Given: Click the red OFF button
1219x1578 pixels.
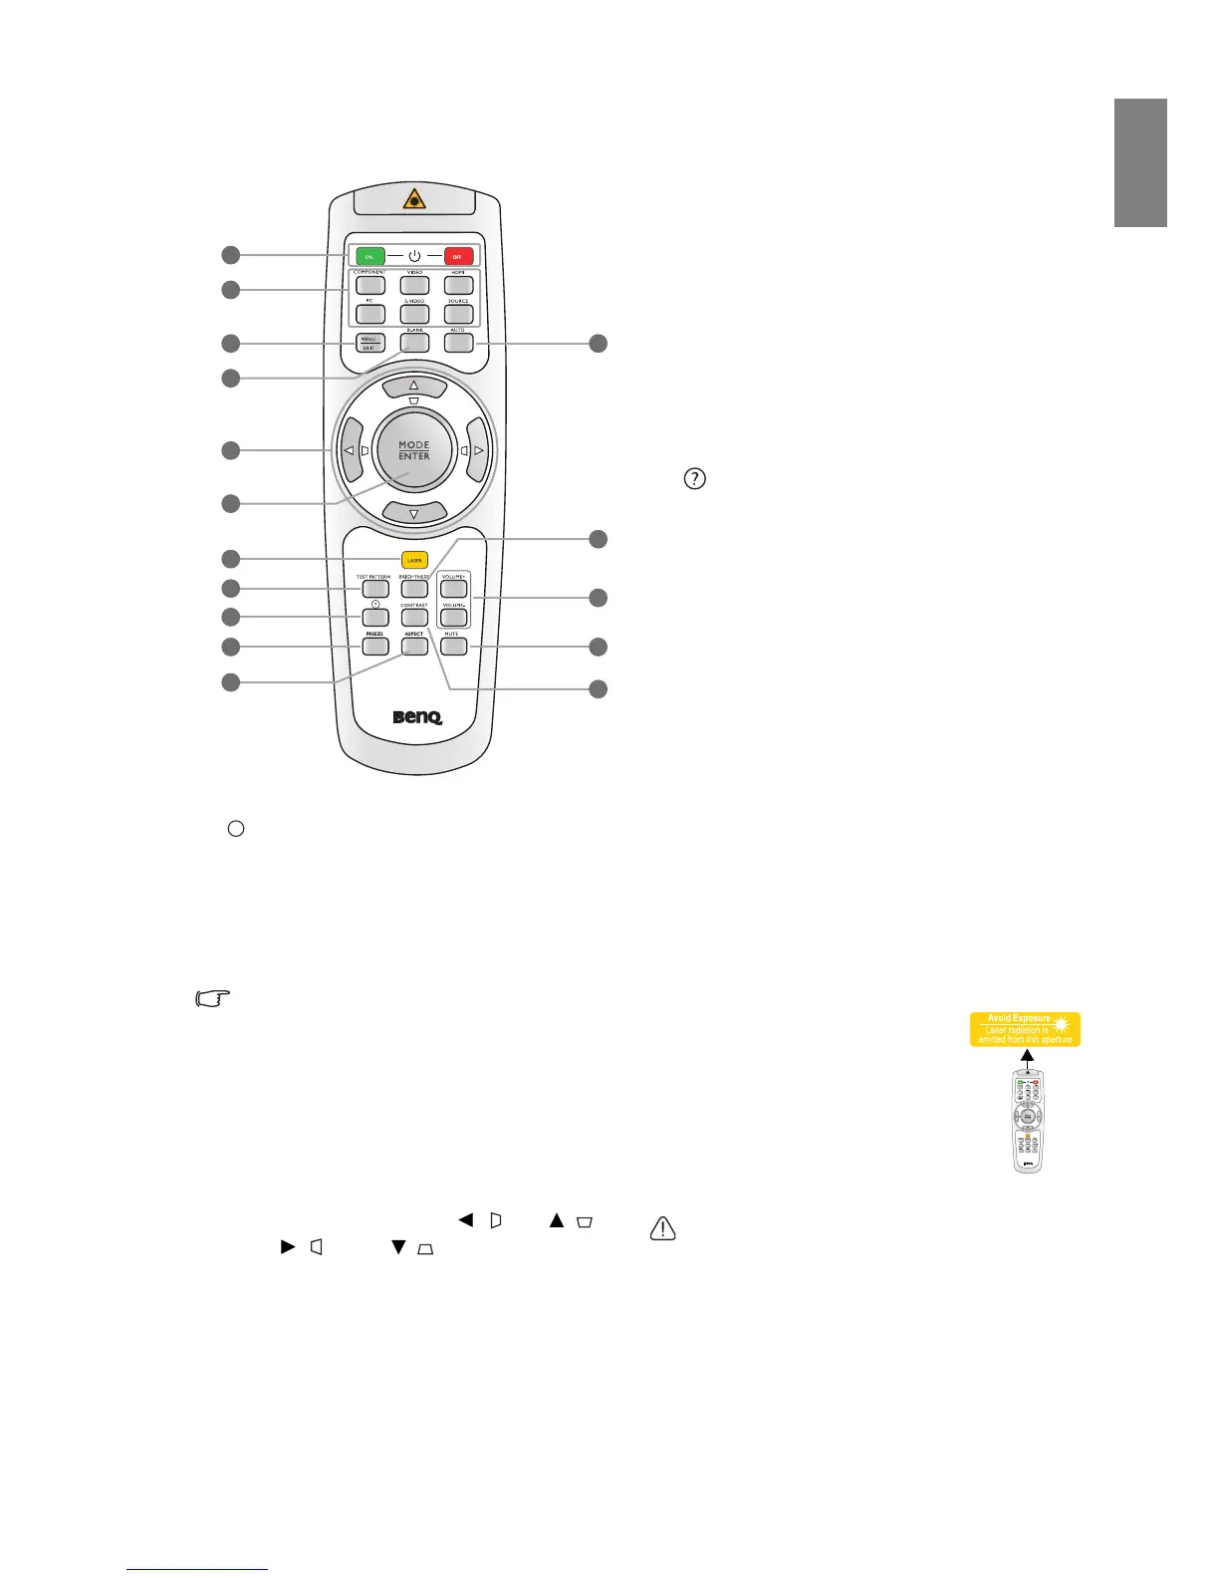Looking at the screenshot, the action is click(457, 256).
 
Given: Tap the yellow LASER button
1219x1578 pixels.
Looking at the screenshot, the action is click(414, 560).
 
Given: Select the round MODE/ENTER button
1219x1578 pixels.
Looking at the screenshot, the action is click(414, 450).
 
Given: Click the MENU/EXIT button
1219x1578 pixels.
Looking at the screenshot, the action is click(369, 344).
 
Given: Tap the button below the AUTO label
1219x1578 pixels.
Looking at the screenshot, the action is click(458, 343).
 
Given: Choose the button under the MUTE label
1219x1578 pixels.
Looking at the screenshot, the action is click(453, 647).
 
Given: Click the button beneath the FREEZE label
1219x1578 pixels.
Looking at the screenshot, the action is click(374, 646).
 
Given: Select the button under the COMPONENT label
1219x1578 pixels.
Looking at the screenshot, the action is click(369, 286).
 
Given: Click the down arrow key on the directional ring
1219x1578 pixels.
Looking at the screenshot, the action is click(413, 513).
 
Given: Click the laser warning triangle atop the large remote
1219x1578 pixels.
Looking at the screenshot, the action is click(415, 200).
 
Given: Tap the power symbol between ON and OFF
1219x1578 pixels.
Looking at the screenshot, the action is click(414, 256).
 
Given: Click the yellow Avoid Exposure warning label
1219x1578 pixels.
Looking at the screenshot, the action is click(1025, 1029).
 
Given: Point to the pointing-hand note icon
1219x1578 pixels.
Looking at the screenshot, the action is click(212, 998).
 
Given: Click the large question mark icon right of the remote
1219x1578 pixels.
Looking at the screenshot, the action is click(694, 479).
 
